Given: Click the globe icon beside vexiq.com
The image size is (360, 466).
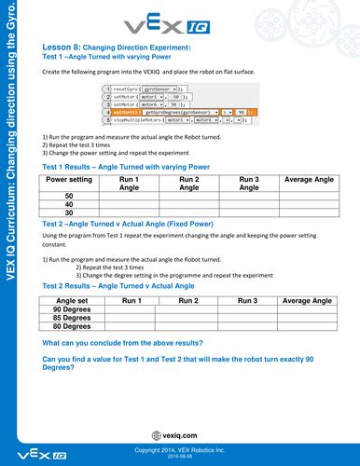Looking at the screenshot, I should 155,435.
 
